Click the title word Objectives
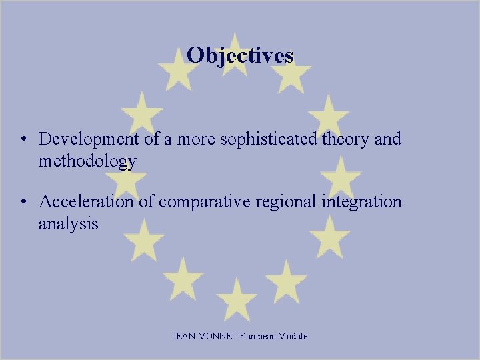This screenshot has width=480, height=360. point(240,55)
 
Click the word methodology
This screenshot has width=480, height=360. point(87,161)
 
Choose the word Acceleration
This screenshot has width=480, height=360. point(87,201)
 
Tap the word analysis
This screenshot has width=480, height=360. point(68,224)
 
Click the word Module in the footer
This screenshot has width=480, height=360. point(293,337)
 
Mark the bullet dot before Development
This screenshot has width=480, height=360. point(23,139)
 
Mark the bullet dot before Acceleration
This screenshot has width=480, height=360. point(23,202)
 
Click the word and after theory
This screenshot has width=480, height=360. point(388,139)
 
